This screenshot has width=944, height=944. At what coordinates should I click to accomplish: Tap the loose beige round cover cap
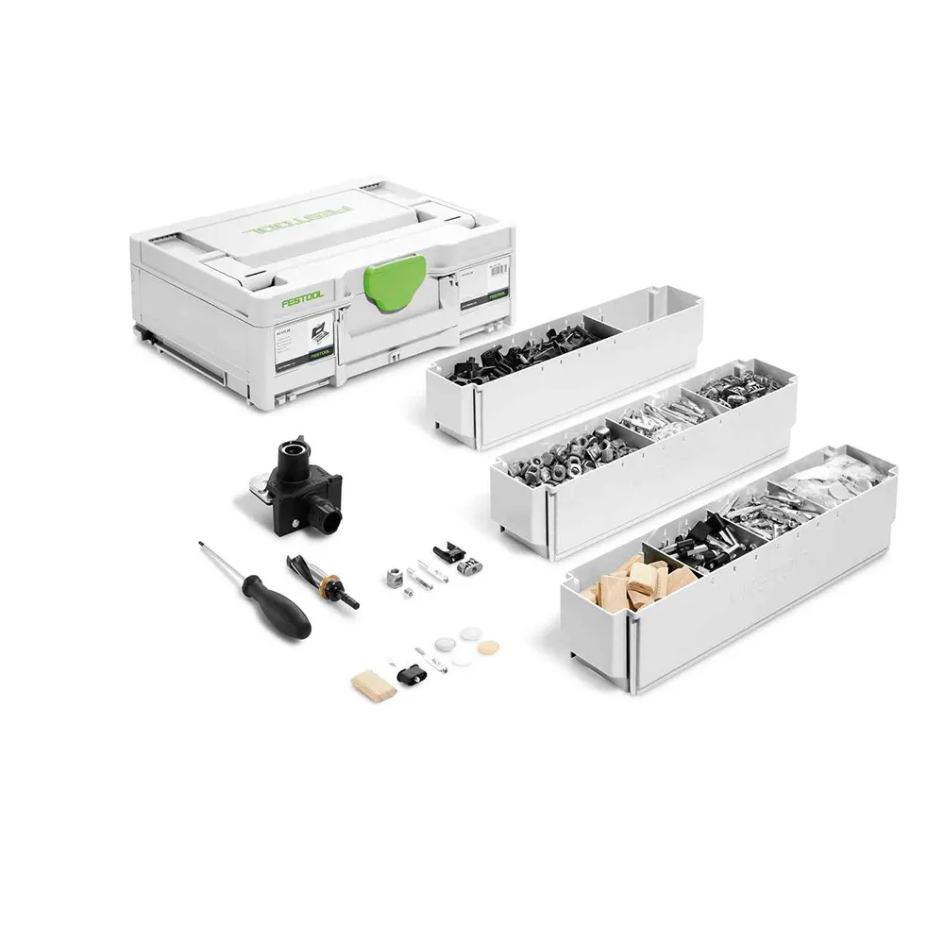[x=489, y=649]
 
